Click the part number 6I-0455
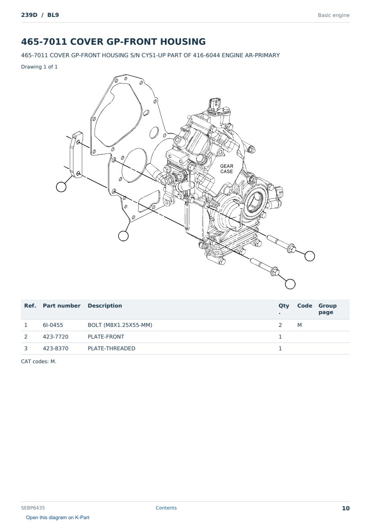pos(53,325)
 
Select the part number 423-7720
pos(56,337)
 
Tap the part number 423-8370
pos(56,348)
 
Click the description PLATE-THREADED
pos(111,348)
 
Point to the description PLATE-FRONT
pos(106,337)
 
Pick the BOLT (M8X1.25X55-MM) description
pos(120,325)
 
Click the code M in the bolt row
pos(299,325)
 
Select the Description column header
pos(104,306)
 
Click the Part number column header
pos(62,306)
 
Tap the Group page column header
pos(327,309)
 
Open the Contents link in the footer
pos(166,508)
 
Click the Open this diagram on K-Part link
pos(58,518)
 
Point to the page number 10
pos(346,508)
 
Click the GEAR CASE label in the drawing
pos(227,168)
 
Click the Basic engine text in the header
pos(333,15)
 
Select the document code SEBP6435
pos(33,508)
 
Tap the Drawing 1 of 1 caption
pos(40,67)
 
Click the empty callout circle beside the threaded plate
pos(61,187)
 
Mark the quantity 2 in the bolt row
pos(280,325)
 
